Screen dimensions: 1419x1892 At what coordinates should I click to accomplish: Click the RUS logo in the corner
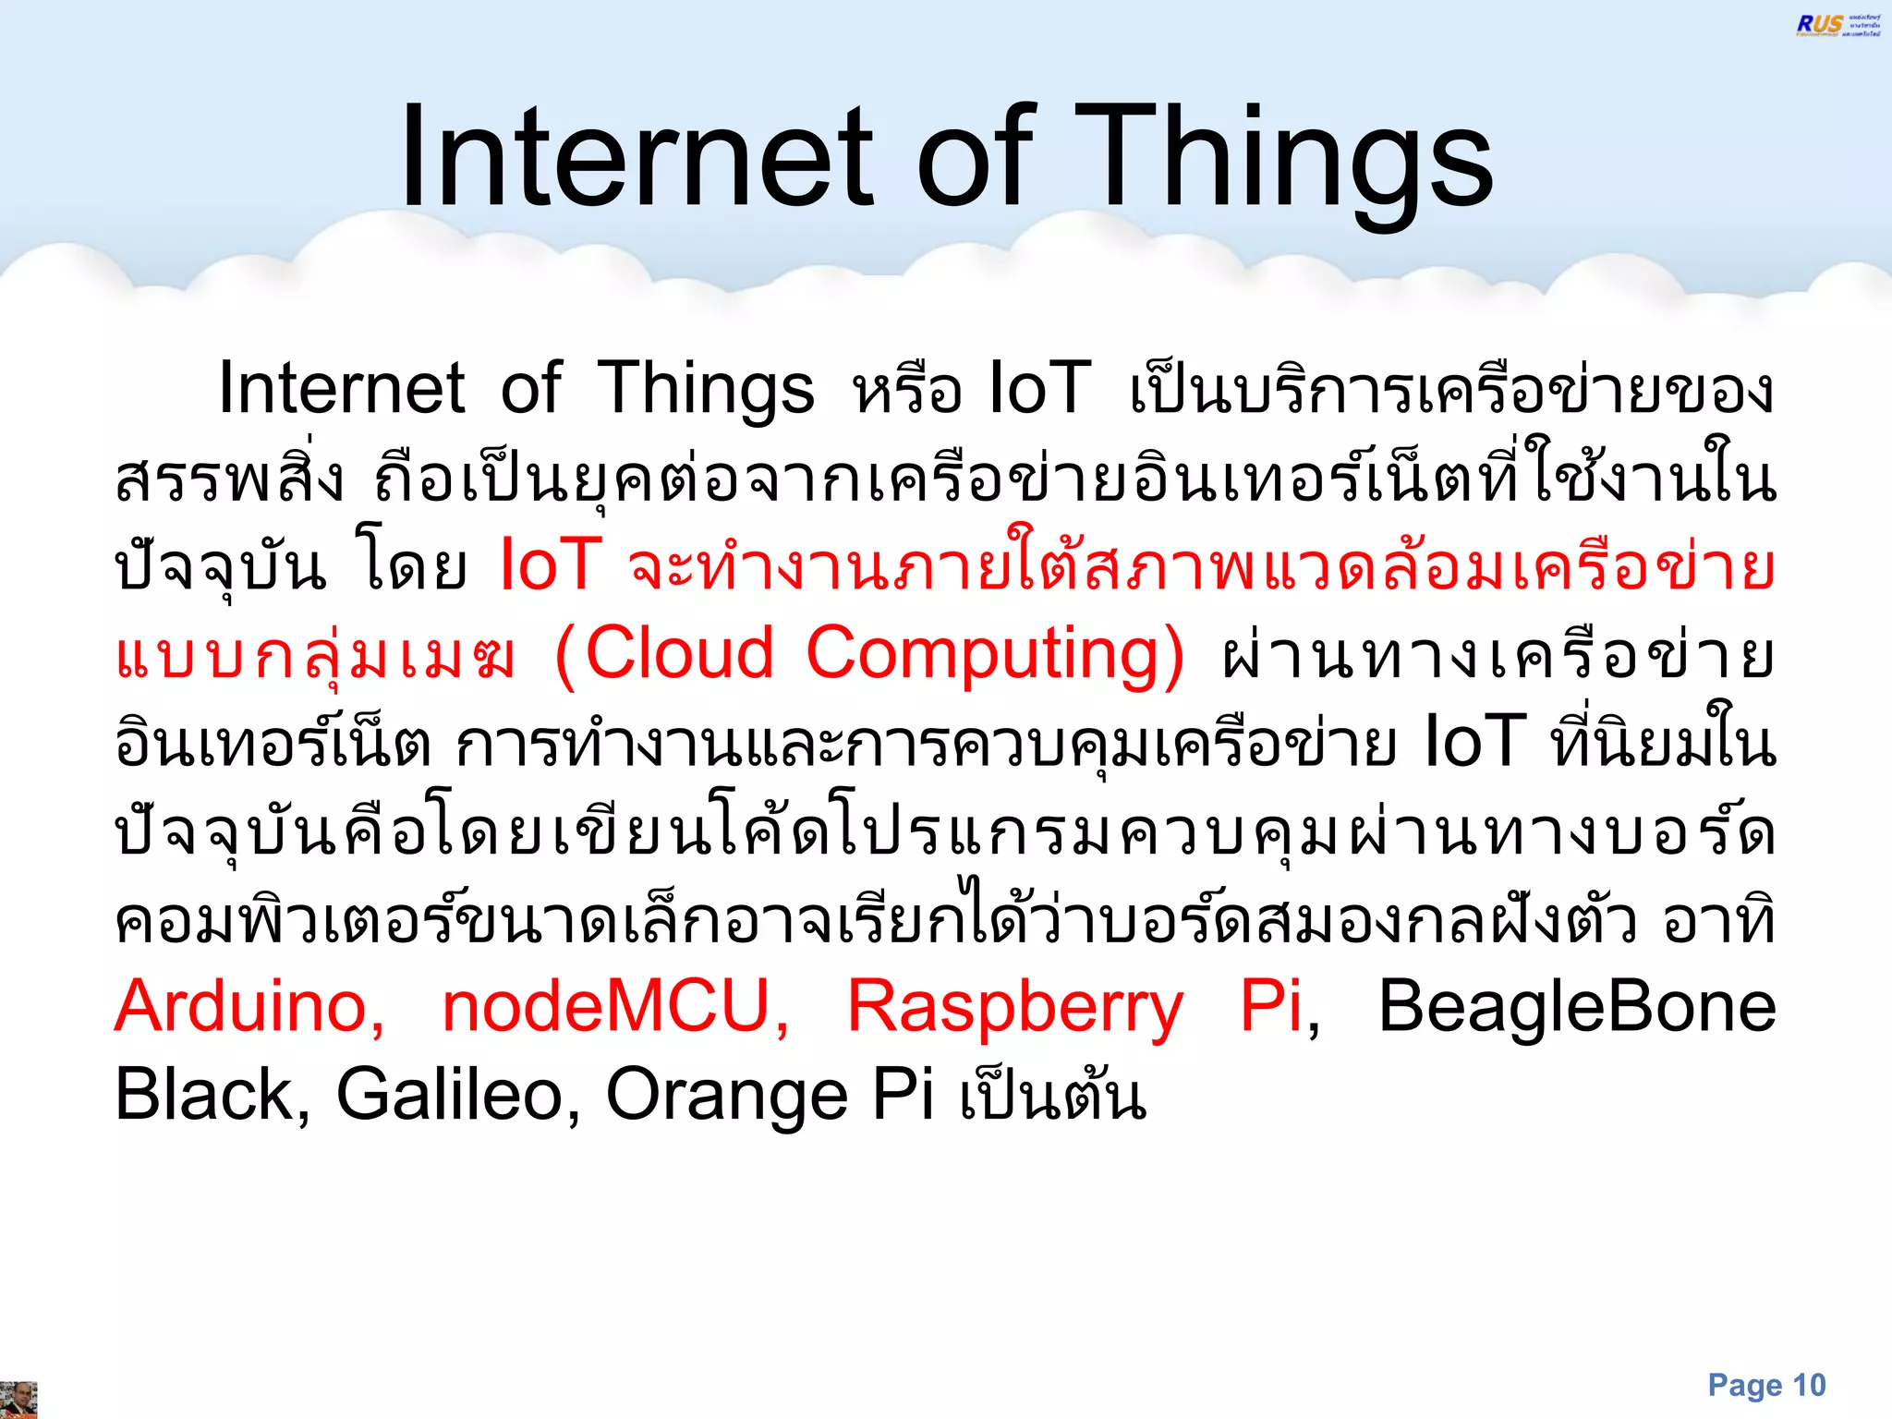point(1837,25)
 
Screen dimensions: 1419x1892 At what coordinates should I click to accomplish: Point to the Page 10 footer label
point(1766,1385)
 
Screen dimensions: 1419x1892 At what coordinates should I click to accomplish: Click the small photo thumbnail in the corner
point(18,1400)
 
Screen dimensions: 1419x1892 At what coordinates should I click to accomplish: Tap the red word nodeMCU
point(615,1006)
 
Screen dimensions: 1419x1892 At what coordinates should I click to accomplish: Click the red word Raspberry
point(1014,1006)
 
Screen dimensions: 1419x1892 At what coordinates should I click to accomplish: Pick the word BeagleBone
point(1576,1006)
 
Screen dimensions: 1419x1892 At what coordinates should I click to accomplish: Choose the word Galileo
point(457,1095)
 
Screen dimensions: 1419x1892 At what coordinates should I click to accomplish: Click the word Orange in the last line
point(726,1095)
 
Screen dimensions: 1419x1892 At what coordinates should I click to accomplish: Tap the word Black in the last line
point(212,1095)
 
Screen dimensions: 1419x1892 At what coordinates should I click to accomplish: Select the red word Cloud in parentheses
point(679,653)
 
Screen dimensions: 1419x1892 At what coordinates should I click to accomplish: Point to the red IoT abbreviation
point(551,564)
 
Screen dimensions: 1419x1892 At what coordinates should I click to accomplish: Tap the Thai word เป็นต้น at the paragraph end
point(1053,1095)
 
